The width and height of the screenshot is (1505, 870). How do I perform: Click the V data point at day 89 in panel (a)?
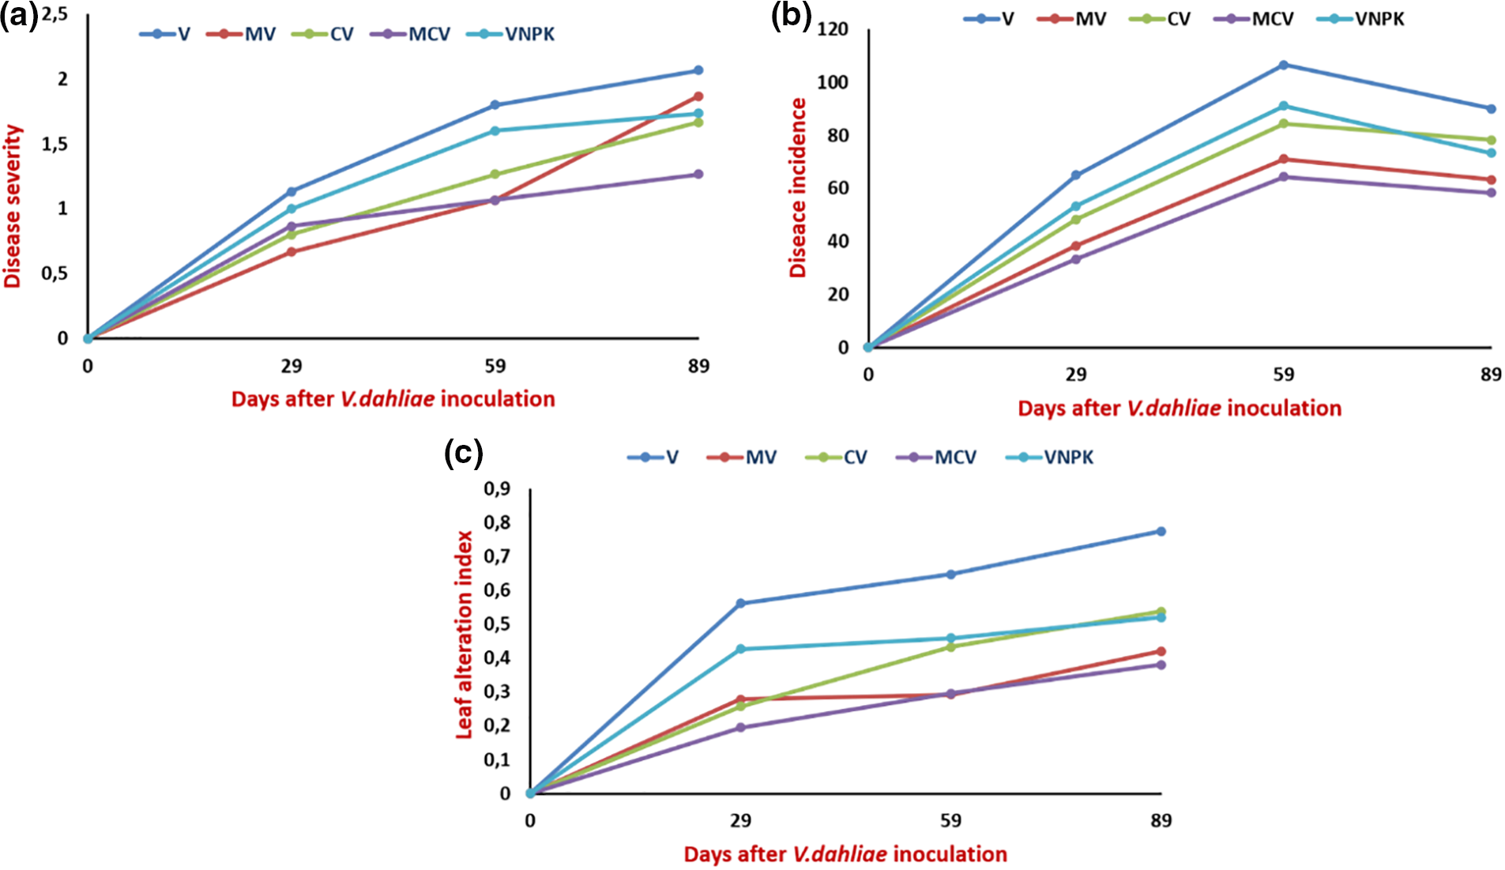698,70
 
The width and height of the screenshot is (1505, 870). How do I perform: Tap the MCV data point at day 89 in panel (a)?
698,175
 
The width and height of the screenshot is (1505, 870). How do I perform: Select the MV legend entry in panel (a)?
242,34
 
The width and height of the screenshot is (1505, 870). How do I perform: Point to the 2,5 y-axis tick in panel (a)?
54,14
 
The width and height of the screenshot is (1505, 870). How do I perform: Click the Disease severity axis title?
13,206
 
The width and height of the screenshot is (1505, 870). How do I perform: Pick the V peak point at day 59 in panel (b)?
1284,65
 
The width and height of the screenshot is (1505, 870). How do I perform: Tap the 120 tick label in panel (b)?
832,30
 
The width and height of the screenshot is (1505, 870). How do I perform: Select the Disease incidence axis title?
799,188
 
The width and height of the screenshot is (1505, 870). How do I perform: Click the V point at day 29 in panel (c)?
741,604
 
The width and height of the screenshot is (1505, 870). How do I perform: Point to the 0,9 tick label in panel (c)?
497,489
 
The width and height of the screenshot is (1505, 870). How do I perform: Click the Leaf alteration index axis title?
465,635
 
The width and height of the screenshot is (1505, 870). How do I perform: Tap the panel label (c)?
464,454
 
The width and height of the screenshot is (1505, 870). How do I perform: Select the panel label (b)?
791,16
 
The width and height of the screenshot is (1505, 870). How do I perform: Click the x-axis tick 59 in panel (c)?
951,820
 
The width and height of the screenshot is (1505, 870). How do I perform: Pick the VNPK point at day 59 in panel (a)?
495,131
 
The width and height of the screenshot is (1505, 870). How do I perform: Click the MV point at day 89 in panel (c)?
1161,652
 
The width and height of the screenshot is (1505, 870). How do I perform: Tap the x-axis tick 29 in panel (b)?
1076,374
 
